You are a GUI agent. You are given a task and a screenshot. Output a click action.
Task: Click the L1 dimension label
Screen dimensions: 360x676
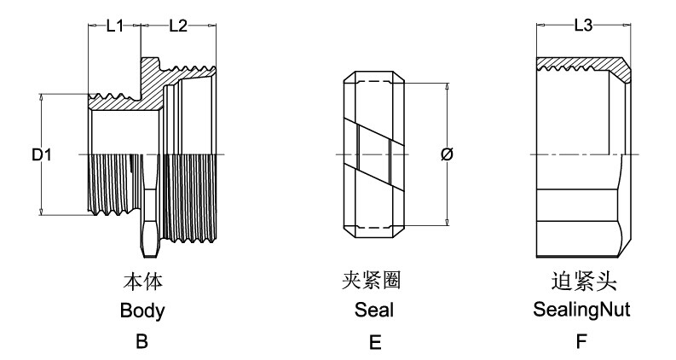tap(115, 26)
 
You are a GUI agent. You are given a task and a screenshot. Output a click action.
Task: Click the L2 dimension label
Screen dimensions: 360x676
tap(178, 26)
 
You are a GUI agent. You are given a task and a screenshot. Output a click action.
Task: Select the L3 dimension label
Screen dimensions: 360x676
tap(583, 26)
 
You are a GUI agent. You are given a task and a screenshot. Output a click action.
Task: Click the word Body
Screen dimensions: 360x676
tap(142, 311)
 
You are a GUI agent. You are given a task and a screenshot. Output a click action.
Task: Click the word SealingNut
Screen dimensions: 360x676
tap(581, 311)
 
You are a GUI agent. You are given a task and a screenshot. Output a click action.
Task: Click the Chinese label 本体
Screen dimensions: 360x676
tap(142, 281)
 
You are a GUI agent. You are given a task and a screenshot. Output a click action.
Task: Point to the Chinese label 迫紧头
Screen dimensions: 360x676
tap(581, 281)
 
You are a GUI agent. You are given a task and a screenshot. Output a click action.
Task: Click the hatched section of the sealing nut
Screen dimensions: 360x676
tap(588, 63)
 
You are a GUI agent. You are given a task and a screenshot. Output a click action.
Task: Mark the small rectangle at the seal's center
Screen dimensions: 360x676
tap(373, 155)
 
